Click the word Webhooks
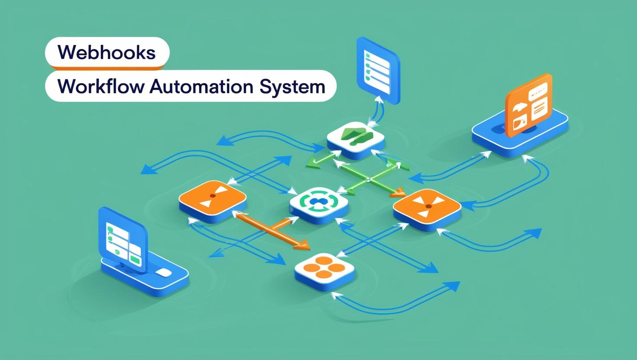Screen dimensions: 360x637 (106, 52)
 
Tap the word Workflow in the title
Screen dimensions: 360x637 (101, 86)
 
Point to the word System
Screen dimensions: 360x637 (293, 86)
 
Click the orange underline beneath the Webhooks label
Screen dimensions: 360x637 (106, 67)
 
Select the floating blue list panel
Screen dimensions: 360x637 (377, 71)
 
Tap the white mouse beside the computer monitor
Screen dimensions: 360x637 (163, 272)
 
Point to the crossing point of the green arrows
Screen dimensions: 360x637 (368, 180)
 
